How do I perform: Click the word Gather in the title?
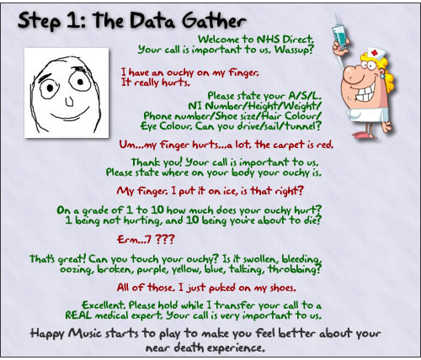point(214,21)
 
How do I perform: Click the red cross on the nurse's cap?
point(374,52)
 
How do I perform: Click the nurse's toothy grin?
point(365,93)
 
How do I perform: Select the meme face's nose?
point(69,102)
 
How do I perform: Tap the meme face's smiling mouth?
point(71,114)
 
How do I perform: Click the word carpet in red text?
point(289,146)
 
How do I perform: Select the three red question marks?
point(165,239)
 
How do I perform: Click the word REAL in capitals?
point(78,315)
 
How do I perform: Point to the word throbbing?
point(295,269)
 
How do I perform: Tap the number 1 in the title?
point(72,21)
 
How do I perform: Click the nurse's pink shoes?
point(365,135)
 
